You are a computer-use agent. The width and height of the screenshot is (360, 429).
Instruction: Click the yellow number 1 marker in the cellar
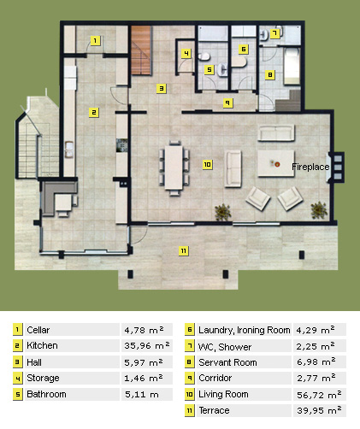click(x=95, y=40)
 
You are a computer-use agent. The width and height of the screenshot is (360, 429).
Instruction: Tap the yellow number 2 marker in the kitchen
click(x=94, y=113)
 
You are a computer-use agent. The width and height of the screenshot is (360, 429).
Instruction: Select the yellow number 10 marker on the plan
click(x=208, y=164)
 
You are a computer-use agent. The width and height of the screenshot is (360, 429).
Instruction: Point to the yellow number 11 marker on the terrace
click(x=184, y=251)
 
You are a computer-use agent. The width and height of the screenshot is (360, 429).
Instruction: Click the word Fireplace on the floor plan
click(x=310, y=167)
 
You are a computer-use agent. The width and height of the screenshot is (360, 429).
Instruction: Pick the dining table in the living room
click(x=174, y=167)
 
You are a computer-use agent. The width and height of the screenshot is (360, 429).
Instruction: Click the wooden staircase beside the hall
click(x=141, y=50)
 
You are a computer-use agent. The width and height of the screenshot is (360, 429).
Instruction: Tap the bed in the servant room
click(x=292, y=67)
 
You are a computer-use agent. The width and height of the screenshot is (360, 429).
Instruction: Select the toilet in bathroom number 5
click(x=204, y=57)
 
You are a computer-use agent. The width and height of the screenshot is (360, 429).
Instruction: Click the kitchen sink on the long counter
click(x=69, y=150)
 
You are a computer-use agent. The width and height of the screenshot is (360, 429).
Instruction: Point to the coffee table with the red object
click(x=275, y=164)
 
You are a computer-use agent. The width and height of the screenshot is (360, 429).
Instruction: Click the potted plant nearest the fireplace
click(x=319, y=210)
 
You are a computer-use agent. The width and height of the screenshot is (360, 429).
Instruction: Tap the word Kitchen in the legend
click(x=42, y=345)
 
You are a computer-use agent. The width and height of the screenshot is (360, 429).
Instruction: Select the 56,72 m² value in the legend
click(x=319, y=395)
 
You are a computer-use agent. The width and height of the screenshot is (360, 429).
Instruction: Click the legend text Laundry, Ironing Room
click(x=245, y=330)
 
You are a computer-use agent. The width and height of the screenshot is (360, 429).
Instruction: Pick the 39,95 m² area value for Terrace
click(x=319, y=410)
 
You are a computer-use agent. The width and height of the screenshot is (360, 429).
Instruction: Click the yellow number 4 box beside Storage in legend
click(x=18, y=379)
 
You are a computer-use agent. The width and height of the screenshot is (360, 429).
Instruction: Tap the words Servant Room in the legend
click(x=227, y=362)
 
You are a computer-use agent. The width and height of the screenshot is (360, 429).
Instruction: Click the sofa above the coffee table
click(x=276, y=132)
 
